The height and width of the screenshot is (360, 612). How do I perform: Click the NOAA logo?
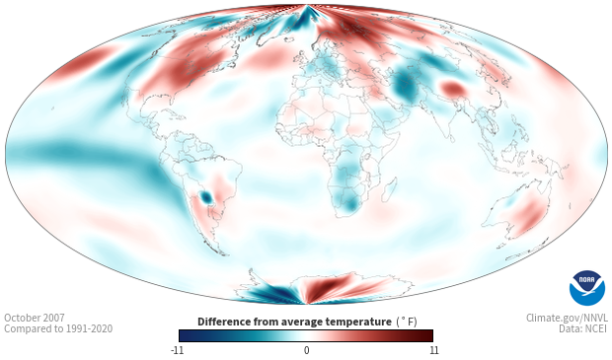[587, 287]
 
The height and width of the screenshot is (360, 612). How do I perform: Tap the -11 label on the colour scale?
[177, 350]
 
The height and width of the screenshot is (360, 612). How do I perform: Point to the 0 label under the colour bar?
[306, 350]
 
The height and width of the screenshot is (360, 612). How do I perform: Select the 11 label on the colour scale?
[433, 350]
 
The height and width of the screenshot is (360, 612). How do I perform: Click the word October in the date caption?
[21, 318]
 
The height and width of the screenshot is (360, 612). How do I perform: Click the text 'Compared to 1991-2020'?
[58, 328]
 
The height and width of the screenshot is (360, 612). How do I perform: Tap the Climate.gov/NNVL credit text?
[567, 318]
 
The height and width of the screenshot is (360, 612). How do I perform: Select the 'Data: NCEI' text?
[583, 328]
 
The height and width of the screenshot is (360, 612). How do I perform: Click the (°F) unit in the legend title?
[407, 323]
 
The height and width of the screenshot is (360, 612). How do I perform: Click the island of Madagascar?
[390, 189]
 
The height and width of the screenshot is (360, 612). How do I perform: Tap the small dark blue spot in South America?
[205, 197]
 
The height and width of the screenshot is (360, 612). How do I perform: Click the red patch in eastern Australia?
[527, 215]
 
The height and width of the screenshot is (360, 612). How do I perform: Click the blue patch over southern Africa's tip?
[350, 203]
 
